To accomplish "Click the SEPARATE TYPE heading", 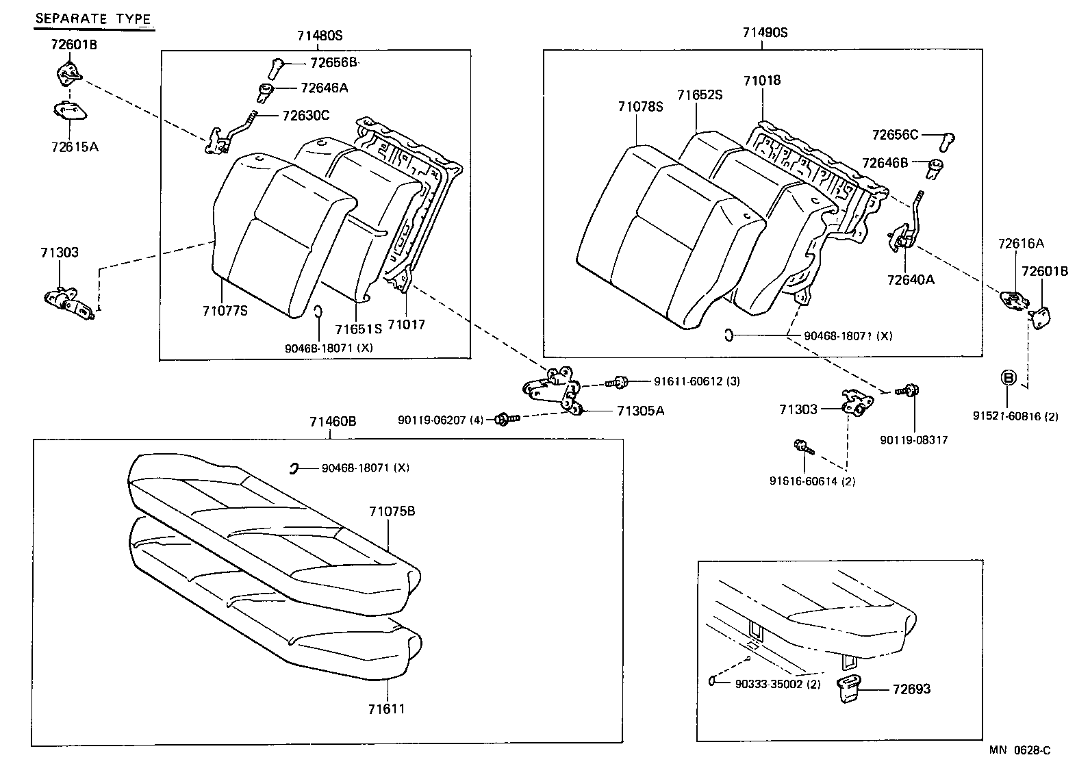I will (93, 18).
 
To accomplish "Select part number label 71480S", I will (319, 36).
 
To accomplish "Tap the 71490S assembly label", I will (765, 32).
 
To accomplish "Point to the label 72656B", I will (333, 62).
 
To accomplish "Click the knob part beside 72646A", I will (267, 90).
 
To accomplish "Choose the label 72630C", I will (305, 115).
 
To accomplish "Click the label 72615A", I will (74, 147).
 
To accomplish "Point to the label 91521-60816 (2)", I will (1015, 416).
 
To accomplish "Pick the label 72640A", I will (911, 279).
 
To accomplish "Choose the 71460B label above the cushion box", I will (333, 422).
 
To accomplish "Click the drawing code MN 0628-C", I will (1019, 751).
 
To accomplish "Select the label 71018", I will (761, 80).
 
